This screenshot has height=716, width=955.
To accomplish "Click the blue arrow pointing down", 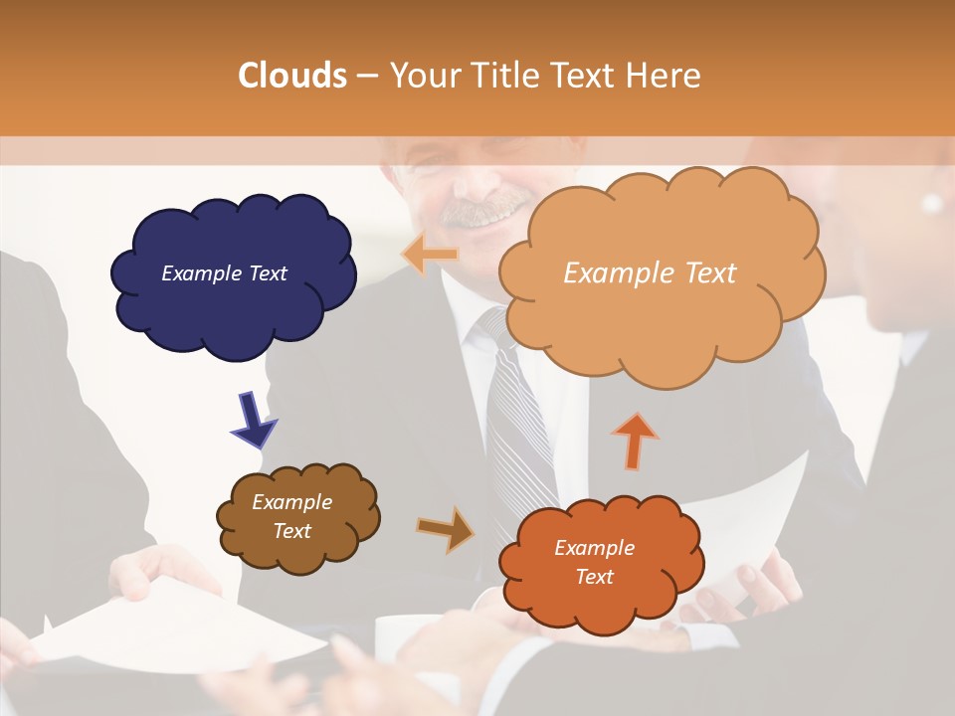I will tap(253, 421).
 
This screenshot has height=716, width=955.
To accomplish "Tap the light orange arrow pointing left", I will tap(430, 255).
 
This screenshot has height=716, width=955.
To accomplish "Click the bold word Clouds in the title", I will tap(292, 76).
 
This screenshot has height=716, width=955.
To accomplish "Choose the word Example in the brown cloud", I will tap(291, 502).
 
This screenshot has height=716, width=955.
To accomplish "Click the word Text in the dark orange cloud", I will tap(594, 577).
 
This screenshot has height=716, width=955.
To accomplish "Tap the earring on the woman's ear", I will tap(931, 204).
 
